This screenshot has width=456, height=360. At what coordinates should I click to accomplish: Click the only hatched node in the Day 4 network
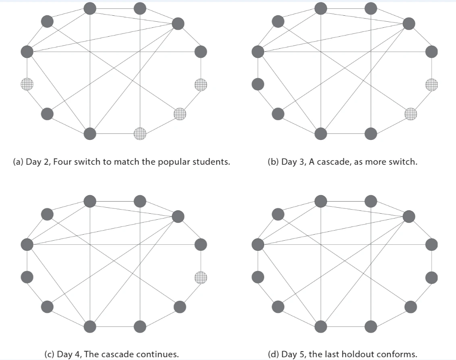[x=201, y=277]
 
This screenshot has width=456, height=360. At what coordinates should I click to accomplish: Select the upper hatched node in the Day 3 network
[x=431, y=85]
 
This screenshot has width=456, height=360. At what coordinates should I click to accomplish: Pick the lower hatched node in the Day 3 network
[x=411, y=114]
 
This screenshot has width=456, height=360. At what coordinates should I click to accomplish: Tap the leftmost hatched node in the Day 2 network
[x=27, y=84]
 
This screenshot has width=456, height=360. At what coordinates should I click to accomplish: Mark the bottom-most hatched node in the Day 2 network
[x=140, y=133]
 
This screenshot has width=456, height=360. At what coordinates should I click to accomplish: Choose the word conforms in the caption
[x=397, y=354]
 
